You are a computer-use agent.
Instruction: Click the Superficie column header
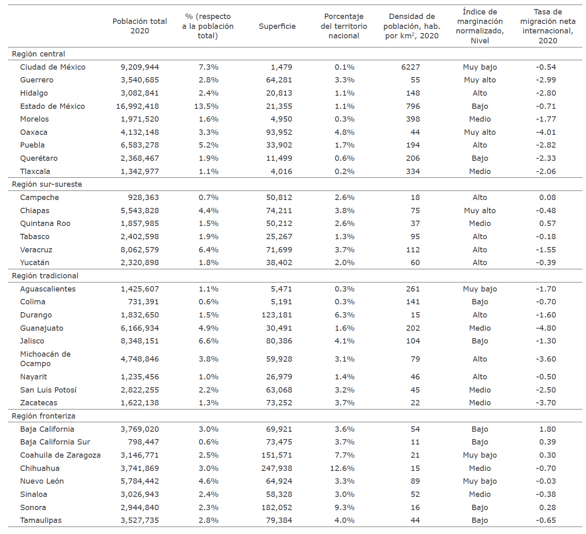pos(277,26)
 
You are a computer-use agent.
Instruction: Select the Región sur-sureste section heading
pos(47,184)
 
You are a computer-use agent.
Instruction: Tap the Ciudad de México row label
pos(52,67)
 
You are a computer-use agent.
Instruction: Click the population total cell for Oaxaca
pos(139,132)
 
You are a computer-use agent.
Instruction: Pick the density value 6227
pos(410,67)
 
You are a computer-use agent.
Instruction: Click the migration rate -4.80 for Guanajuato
pos(546,328)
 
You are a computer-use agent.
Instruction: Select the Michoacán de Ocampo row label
pos(45,359)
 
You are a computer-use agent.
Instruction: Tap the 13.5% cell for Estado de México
pos(206,106)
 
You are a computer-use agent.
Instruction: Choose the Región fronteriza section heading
pos(43,416)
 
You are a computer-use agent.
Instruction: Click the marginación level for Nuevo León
pos(480,481)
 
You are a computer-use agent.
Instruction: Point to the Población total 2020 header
pos(139,26)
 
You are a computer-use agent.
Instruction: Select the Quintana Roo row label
pos(45,223)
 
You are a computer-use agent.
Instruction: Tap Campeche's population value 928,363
pos(143,198)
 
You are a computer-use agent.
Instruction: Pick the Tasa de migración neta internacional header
pos(547,26)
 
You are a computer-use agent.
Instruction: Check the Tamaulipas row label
pos(40,520)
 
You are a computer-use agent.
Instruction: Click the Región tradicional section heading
pos(45,276)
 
